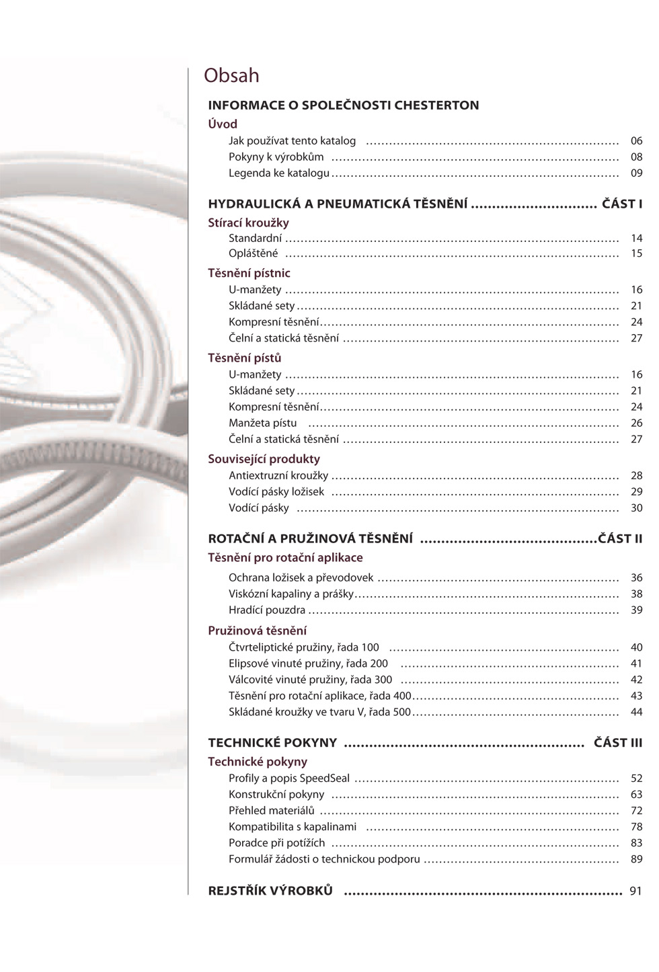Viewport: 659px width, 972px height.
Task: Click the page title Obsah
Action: point(231,75)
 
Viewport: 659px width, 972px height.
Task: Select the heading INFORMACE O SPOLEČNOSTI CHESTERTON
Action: point(344,106)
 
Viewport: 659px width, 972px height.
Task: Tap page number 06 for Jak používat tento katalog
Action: point(636,141)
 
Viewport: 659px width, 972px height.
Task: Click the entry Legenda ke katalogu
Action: point(279,173)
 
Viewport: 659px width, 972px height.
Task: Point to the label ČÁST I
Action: point(622,204)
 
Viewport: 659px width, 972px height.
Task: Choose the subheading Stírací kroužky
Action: point(248,222)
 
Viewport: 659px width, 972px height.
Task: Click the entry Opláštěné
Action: point(253,253)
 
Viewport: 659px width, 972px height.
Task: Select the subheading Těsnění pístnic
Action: point(249,273)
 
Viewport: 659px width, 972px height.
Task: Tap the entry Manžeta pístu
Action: point(262,423)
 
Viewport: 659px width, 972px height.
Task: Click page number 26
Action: point(636,423)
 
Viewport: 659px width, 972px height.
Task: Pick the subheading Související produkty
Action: point(264,459)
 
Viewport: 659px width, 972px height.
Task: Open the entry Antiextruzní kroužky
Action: point(278,476)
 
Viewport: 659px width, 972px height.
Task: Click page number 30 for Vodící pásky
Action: point(636,508)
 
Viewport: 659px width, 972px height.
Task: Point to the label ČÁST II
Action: point(620,538)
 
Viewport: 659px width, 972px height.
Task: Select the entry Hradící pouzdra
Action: point(267,610)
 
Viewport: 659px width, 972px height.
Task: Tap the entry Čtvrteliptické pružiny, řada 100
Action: point(304,647)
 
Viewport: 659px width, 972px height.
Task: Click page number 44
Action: point(636,712)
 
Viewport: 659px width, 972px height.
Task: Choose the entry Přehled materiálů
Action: point(272,811)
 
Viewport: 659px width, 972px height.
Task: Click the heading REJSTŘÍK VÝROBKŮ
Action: point(270,891)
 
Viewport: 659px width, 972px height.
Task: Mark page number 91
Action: point(635,891)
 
